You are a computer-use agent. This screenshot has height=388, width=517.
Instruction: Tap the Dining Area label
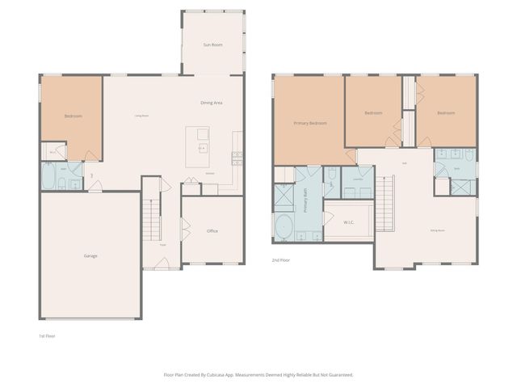(x=212, y=103)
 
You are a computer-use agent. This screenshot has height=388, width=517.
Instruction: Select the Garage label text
(x=90, y=255)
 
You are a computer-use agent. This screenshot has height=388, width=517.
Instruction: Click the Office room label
(x=212, y=231)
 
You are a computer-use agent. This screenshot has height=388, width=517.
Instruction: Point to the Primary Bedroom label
(x=310, y=123)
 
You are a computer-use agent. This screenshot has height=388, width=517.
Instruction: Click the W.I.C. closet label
(x=349, y=221)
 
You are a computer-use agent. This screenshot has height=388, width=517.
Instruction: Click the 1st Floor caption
(x=47, y=335)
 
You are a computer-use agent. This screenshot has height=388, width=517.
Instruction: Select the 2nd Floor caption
(x=281, y=260)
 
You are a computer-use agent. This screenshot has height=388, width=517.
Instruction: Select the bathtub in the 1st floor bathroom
(x=50, y=176)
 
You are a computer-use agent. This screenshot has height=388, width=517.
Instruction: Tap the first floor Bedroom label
(x=73, y=116)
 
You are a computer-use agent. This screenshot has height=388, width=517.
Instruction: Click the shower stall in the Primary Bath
(x=284, y=196)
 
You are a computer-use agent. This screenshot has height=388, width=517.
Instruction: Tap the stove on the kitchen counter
(x=236, y=155)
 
